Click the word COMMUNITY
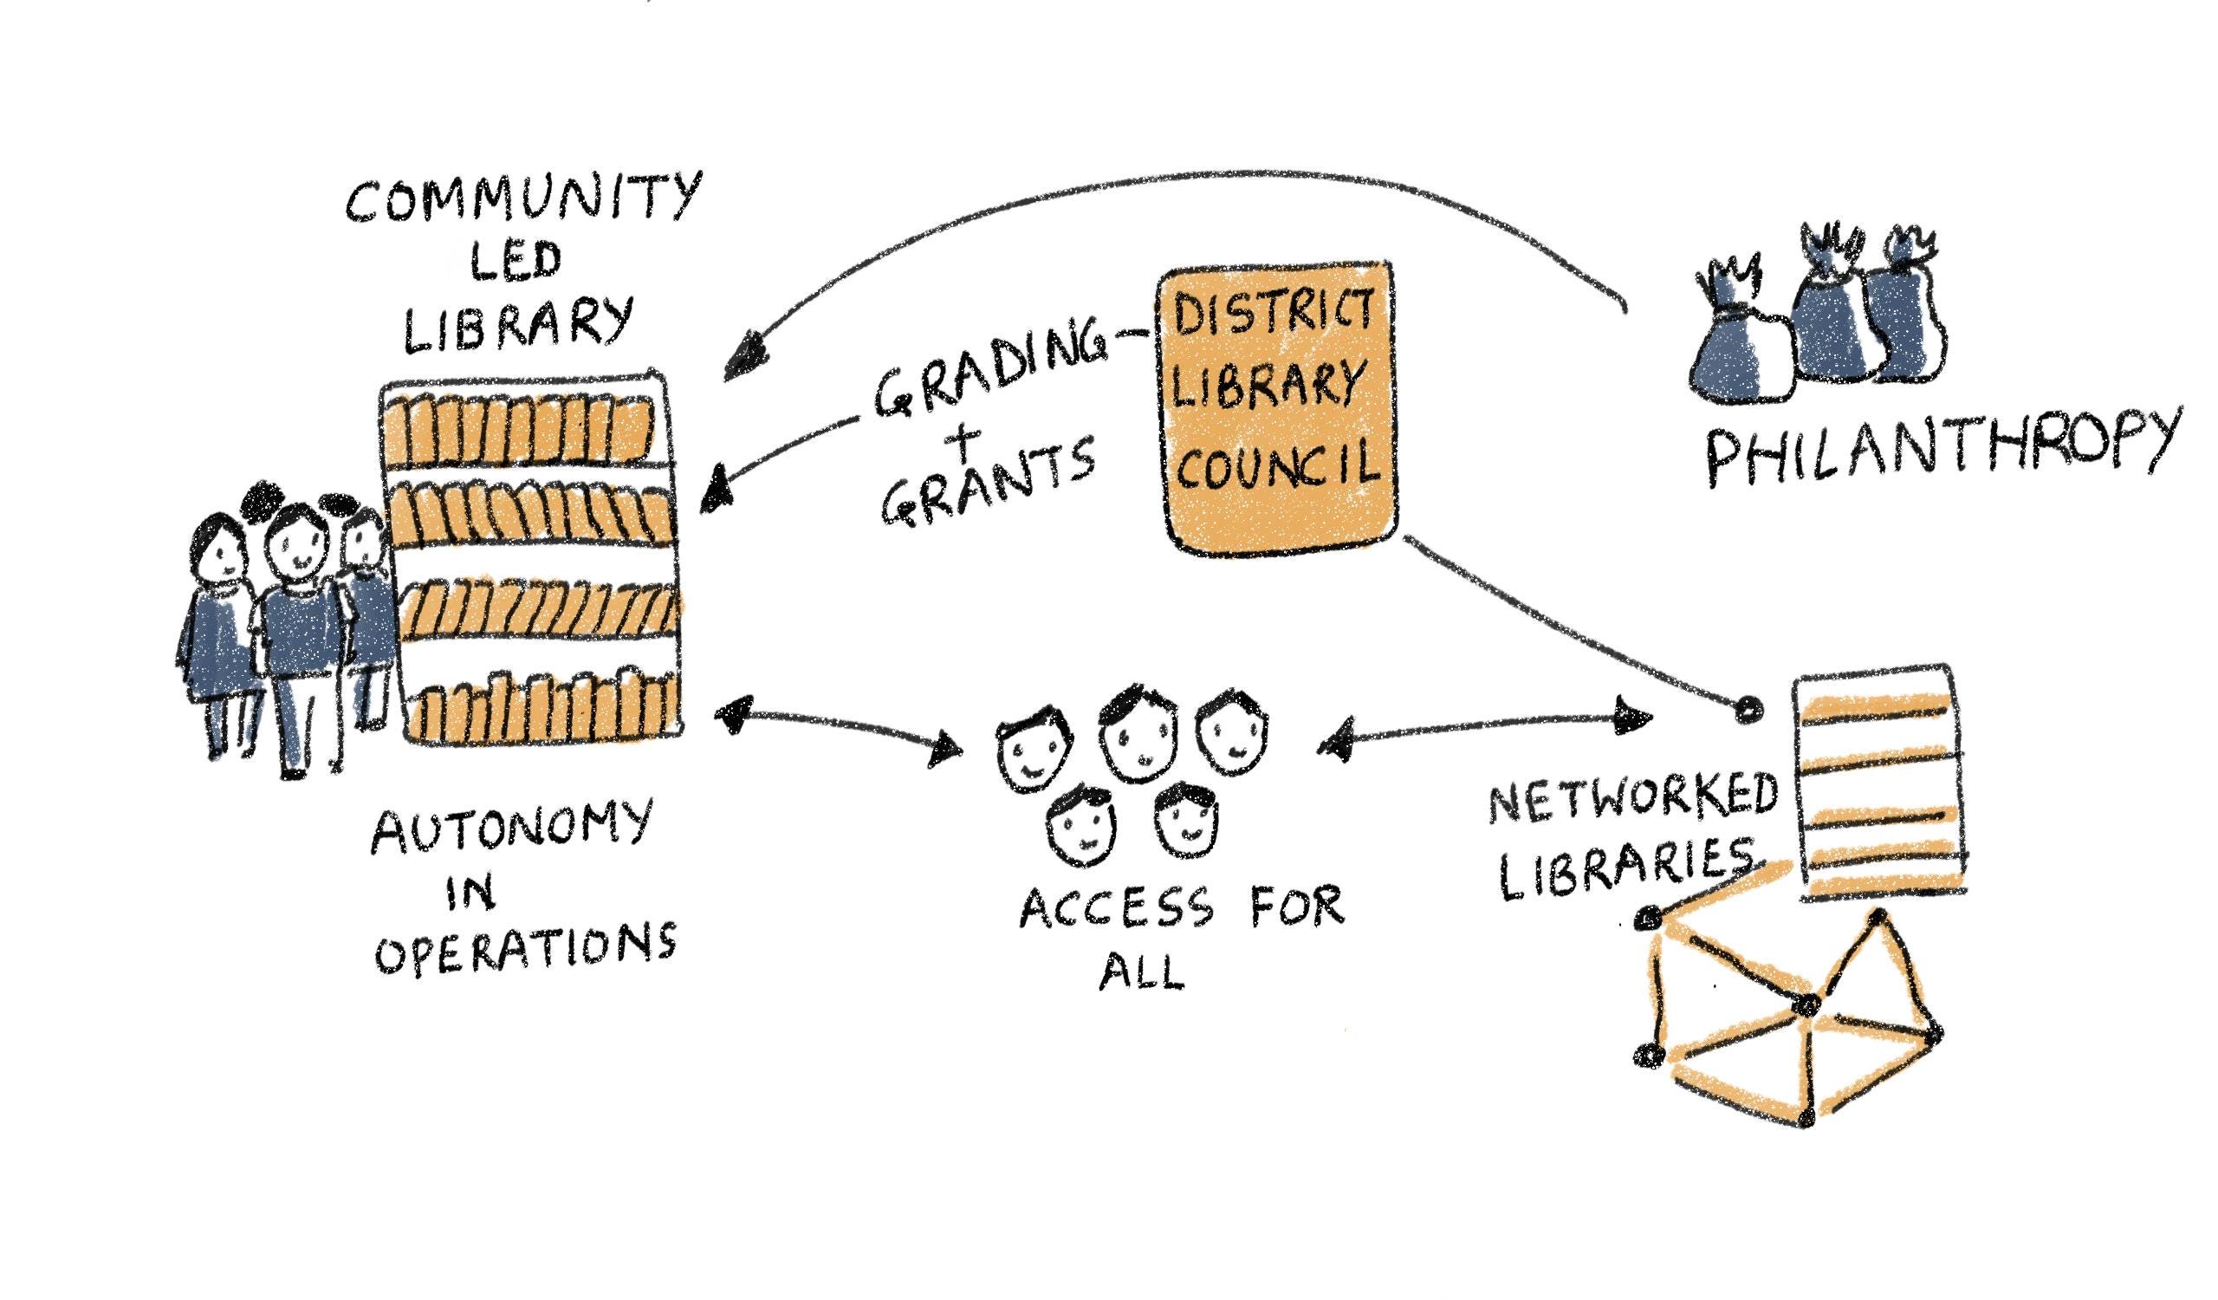click(524, 201)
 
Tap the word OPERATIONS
click(526, 948)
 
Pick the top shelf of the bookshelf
click(521, 426)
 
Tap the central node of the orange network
click(1806, 1004)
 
